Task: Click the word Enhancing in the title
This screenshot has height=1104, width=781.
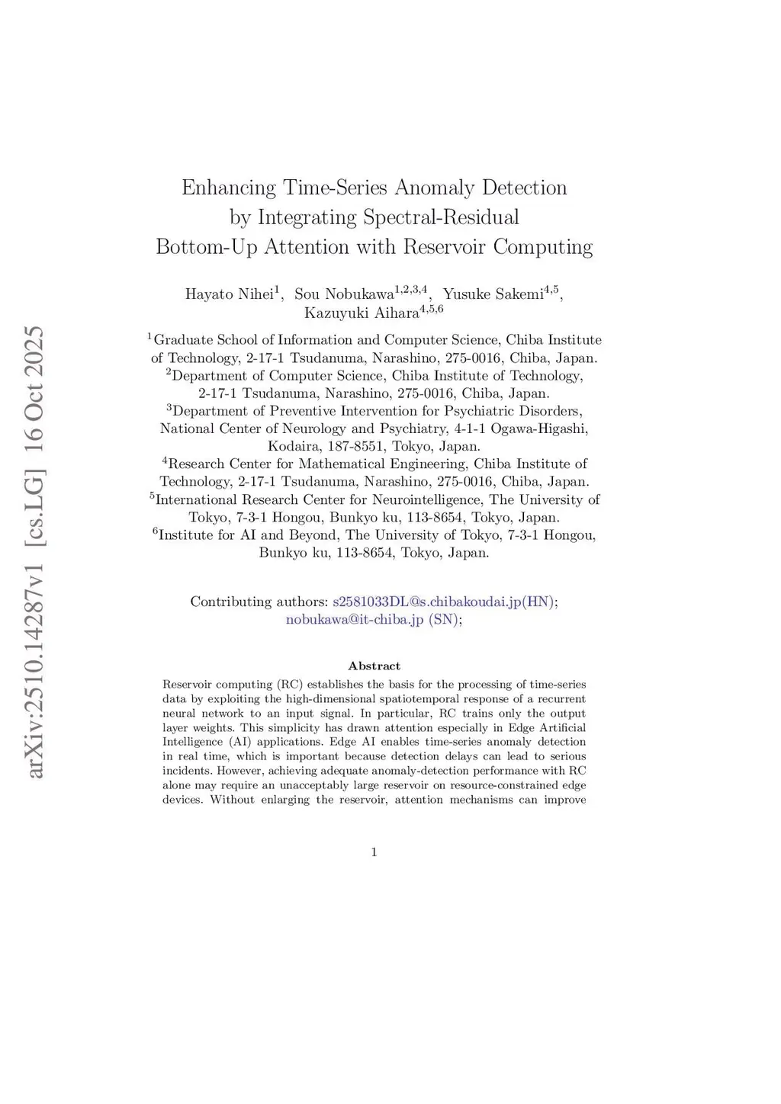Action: pyautogui.click(x=229, y=188)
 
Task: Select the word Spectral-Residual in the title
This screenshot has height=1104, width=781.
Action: pyautogui.click(x=441, y=217)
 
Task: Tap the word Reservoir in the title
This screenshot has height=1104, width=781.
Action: pyautogui.click(x=445, y=247)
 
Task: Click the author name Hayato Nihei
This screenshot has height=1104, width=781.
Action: pyautogui.click(x=229, y=294)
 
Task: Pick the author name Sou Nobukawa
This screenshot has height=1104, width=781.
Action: pyautogui.click(x=343, y=294)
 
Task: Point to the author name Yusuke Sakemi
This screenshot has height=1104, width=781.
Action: pyautogui.click(x=493, y=294)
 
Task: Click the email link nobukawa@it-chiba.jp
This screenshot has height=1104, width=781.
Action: pyautogui.click(x=355, y=620)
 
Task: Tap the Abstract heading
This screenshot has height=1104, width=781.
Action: pyautogui.click(x=374, y=666)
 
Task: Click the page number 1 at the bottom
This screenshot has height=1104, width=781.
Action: pyautogui.click(x=374, y=852)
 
